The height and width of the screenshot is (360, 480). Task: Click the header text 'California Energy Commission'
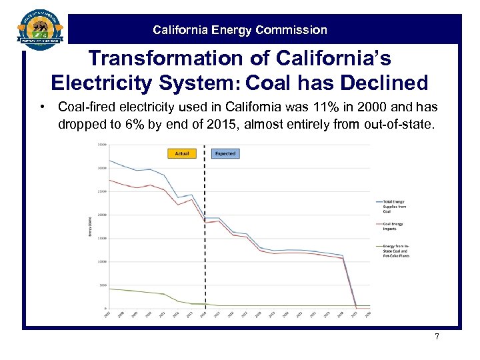(240, 30)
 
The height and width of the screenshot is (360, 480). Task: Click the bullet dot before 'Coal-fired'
(41, 107)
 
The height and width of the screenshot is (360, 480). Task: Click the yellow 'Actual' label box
(181, 153)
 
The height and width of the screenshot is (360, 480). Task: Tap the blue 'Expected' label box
(225, 153)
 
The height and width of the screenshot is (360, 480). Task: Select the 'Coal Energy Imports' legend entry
(393, 227)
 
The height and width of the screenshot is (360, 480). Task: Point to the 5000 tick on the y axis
(103, 285)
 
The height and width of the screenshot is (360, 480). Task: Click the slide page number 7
(437, 337)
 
